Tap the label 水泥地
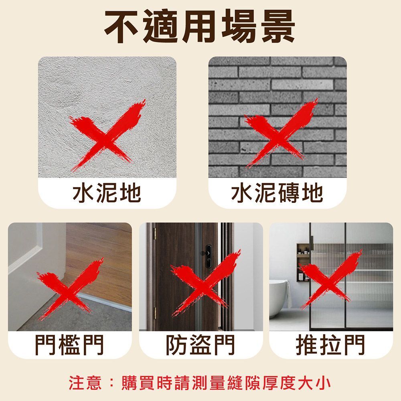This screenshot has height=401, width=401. (x=107, y=193)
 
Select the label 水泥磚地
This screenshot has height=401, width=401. (x=277, y=193)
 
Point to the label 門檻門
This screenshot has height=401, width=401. (x=69, y=345)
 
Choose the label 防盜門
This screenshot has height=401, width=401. (x=200, y=345)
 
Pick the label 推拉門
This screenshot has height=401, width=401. (x=330, y=345)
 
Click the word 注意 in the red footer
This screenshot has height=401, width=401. (x=85, y=383)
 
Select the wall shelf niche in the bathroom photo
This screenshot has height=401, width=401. (x=304, y=262)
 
